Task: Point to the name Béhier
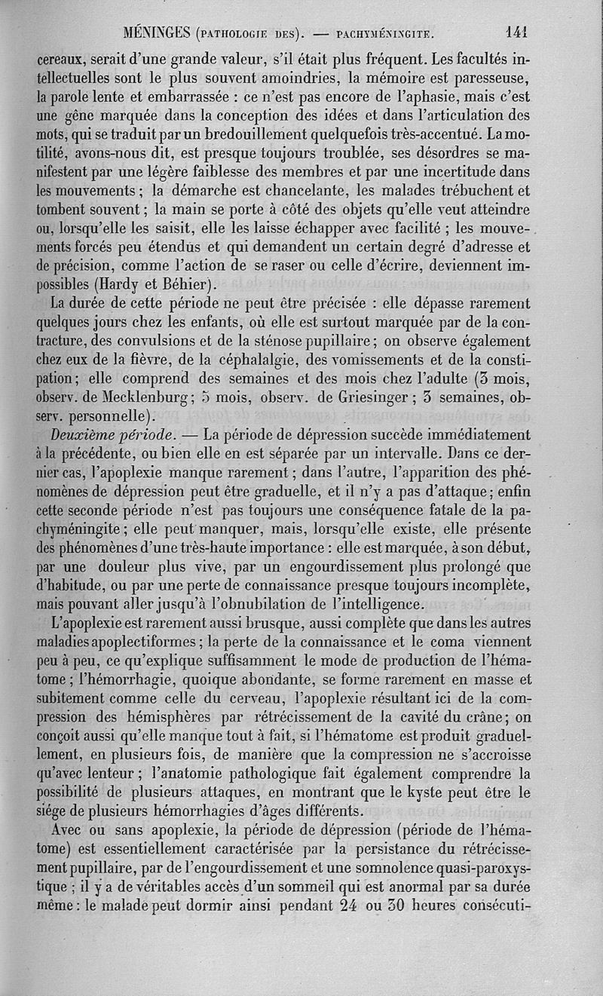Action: pos(191,283)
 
